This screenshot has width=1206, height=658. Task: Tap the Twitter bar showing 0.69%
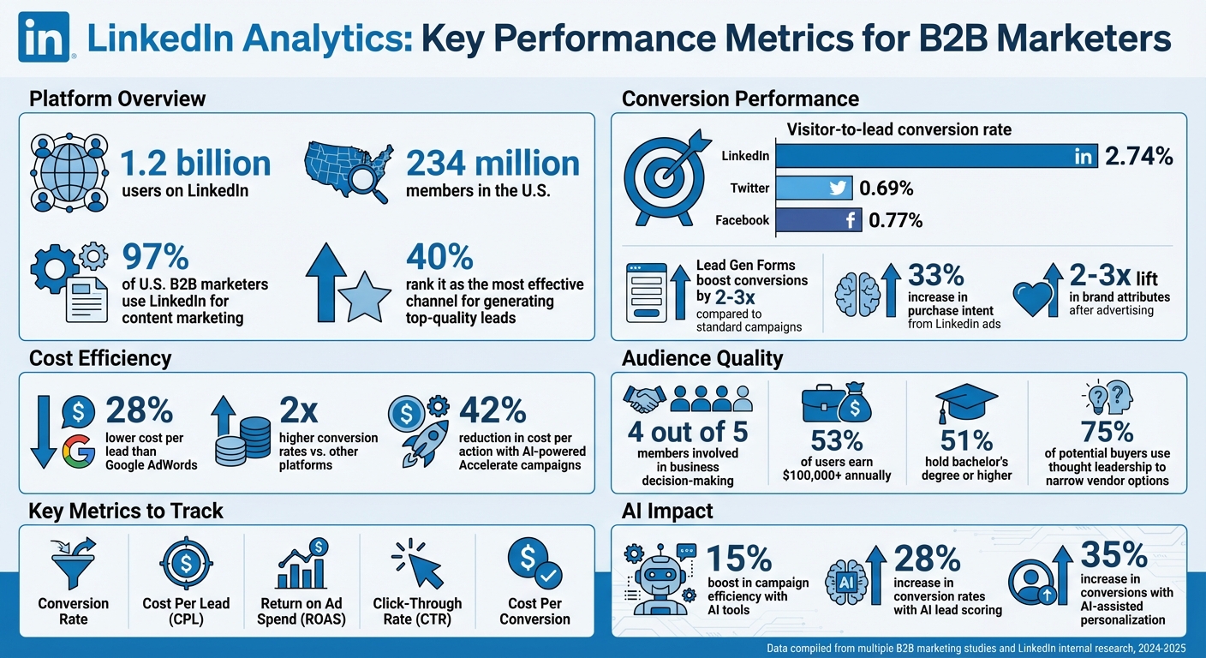[x=815, y=188]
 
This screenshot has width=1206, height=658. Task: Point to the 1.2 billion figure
[x=195, y=163]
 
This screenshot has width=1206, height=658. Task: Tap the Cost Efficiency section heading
[x=100, y=358]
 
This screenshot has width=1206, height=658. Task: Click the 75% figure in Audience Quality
[x=1106, y=430]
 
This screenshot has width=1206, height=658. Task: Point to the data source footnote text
[x=976, y=649]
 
